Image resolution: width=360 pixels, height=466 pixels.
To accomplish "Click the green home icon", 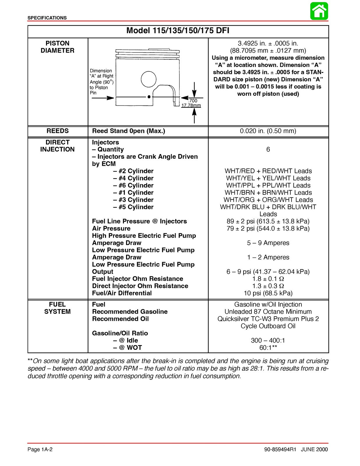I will [319, 11].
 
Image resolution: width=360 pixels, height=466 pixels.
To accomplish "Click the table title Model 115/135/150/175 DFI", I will [178, 31].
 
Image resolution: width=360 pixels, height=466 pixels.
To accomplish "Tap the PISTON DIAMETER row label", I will [57, 47].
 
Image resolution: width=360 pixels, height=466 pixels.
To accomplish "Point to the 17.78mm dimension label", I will [191, 105].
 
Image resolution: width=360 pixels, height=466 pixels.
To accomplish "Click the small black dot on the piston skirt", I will [149, 96].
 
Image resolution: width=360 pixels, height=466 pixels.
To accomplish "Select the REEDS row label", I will [57, 131].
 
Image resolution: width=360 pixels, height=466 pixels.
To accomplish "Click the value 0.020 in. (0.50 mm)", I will [268, 131].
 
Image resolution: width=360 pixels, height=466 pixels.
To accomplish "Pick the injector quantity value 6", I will [268, 149].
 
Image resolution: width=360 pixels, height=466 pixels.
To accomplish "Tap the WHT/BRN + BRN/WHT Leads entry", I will [268, 193].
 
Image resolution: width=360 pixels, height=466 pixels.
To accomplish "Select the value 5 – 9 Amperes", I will [268, 243].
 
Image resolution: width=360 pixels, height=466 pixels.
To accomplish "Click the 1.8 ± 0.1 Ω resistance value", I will [268, 279].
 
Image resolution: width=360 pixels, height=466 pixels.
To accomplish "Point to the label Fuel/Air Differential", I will [122, 293].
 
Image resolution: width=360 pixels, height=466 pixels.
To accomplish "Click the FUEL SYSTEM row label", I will [57, 308].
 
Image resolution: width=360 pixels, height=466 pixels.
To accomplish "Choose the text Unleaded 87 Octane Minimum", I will [268, 312].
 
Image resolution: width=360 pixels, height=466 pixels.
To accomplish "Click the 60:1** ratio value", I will [268, 348].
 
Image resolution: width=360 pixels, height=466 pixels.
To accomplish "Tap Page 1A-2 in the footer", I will [40, 449].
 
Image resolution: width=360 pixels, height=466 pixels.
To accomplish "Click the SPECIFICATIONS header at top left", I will [47, 18].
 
